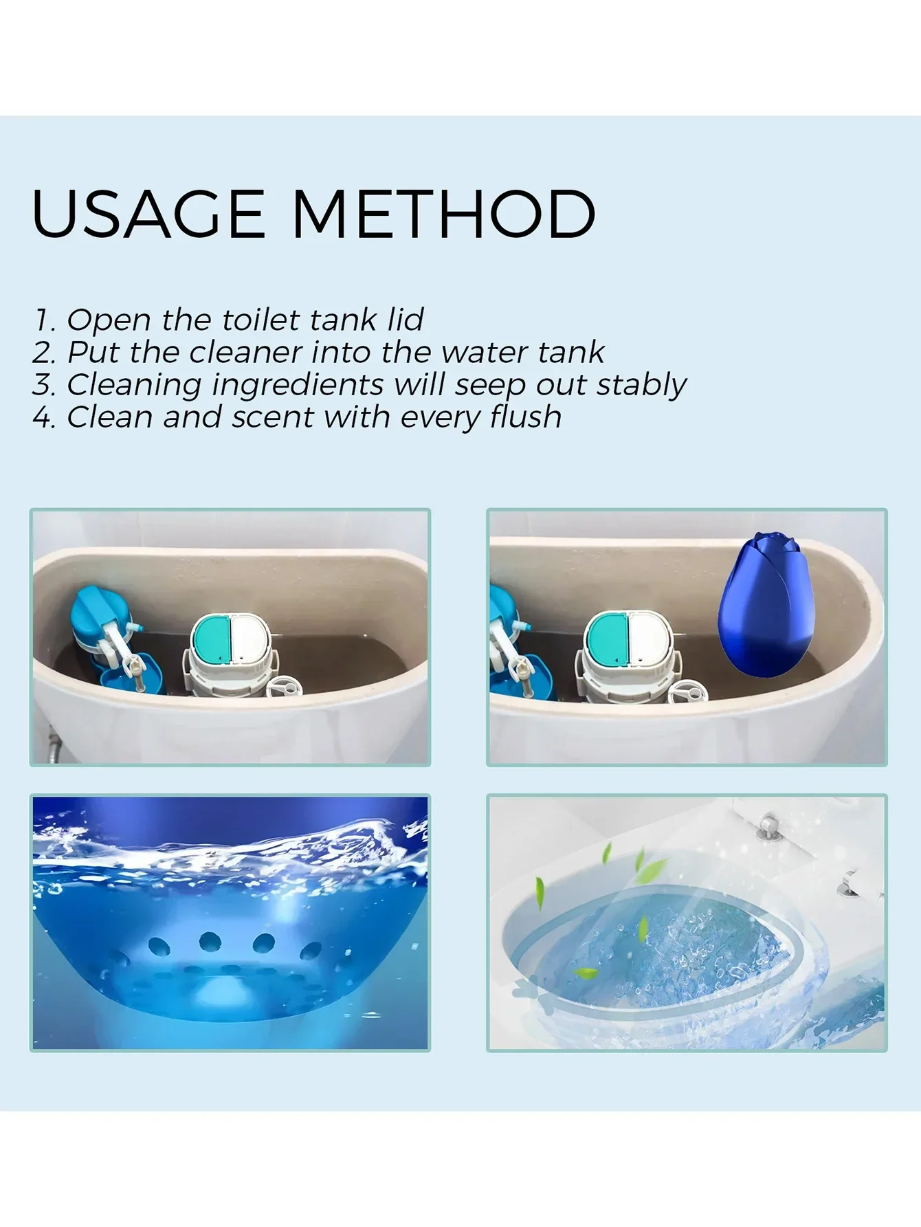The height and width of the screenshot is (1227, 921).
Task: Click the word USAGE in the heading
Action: (148, 214)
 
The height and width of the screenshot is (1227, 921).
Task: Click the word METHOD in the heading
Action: (443, 214)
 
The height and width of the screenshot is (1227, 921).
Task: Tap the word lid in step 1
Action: (406, 320)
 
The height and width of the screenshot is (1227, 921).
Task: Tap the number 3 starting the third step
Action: (43, 385)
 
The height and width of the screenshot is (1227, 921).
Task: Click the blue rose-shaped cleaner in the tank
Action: (765, 605)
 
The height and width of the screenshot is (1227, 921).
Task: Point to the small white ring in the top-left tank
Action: (284, 685)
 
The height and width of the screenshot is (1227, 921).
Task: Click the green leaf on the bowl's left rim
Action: (540, 892)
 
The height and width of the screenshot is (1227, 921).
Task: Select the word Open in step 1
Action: (109, 320)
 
